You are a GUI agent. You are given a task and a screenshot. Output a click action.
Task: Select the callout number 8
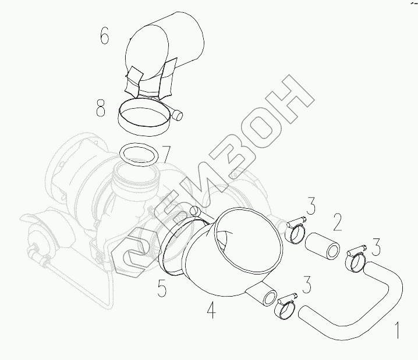(x=101, y=108)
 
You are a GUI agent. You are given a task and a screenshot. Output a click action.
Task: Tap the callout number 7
(x=166, y=155)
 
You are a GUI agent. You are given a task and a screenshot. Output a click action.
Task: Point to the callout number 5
(x=161, y=288)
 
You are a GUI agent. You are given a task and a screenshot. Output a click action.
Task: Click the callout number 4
(x=211, y=309)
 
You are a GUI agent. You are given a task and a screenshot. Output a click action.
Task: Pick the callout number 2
(x=337, y=222)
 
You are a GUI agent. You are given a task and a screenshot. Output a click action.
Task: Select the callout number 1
(x=397, y=330)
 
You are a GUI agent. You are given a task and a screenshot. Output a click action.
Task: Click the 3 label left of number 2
(x=311, y=205)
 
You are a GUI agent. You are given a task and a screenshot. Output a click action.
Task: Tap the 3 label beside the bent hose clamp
(x=376, y=247)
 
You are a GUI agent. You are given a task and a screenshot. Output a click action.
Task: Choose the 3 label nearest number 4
(x=307, y=284)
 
